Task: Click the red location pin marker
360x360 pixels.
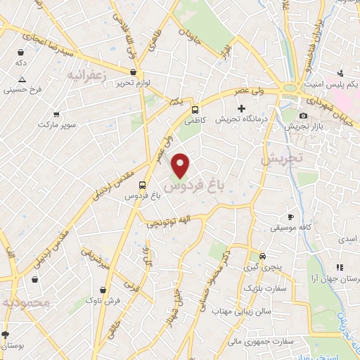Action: [181, 165]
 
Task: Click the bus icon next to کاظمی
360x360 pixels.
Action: [195, 110]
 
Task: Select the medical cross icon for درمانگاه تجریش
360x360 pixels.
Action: [241, 109]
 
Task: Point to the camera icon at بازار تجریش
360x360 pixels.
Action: [303, 115]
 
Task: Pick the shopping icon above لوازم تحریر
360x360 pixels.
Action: [133, 71]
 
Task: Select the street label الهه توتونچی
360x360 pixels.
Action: [167, 223]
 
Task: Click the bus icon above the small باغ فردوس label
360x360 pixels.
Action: [143, 184]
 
